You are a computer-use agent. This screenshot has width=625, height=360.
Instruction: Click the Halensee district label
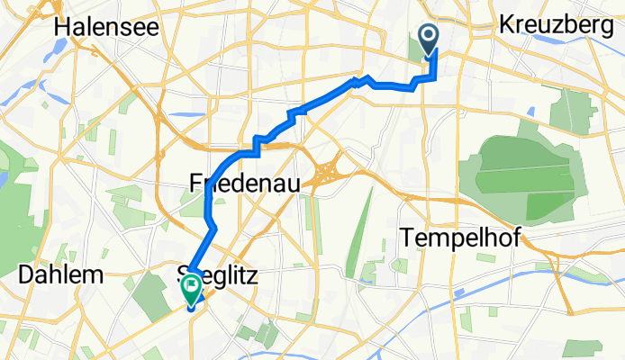click(x=106, y=27)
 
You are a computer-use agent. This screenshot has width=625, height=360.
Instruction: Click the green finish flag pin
click(x=192, y=289)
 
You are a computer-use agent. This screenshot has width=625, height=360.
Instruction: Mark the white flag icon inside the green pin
click(x=192, y=287)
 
